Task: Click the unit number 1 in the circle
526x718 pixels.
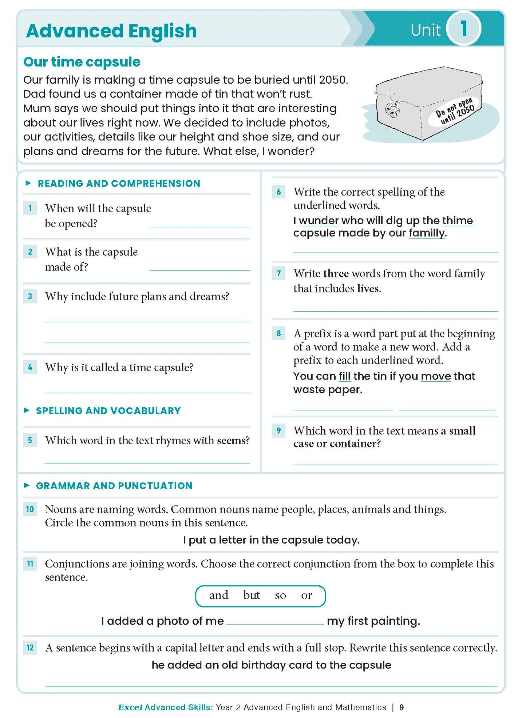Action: [463, 28]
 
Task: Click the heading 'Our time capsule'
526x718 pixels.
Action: [82, 62]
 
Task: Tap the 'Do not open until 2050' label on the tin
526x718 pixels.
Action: [455, 111]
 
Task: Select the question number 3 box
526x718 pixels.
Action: [30, 296]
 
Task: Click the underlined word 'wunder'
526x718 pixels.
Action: [319, 221]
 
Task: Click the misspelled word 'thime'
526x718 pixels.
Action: [458, 221]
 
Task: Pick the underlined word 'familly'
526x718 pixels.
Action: [427, 233]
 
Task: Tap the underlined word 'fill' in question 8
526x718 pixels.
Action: [345, 376]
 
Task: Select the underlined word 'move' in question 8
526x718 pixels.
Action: [436, 376]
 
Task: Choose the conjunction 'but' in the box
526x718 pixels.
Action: [252, 595]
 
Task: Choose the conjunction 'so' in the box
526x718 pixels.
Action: [280, 596]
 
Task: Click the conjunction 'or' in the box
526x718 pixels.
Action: [306, 596]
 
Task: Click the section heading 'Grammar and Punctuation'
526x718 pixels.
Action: [114, 486]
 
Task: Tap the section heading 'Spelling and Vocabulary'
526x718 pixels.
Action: [108, 411]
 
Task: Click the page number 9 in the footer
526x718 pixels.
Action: [402, 707]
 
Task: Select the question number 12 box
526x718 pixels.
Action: [30, 647]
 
